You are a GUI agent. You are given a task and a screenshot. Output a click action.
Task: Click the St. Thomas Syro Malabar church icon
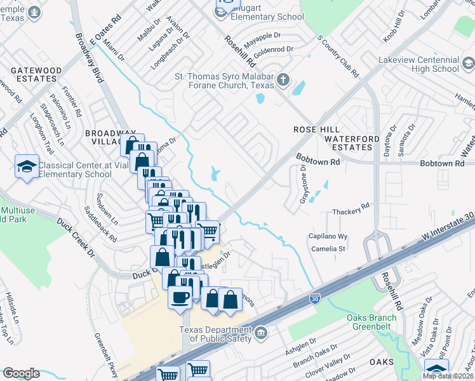[x=283, y=81]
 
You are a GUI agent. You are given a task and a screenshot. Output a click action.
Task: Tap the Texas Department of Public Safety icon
[x=261, y=333]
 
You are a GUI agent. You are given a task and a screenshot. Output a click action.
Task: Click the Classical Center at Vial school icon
[x=27, y=166]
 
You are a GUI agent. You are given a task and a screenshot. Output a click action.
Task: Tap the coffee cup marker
[x=180, y=297]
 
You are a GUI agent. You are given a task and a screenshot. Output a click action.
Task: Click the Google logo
[x=21, y=373]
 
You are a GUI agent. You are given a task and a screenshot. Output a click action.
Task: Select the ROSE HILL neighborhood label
[x=312, y=129]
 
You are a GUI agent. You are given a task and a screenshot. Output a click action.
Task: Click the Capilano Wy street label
[x=328, y=236]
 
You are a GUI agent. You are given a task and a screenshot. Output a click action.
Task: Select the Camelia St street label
[x=328, y=249]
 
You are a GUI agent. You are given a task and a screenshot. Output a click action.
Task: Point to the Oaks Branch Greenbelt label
[x=376, y=323]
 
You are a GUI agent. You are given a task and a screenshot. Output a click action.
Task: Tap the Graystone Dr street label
[x=303, y=185]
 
